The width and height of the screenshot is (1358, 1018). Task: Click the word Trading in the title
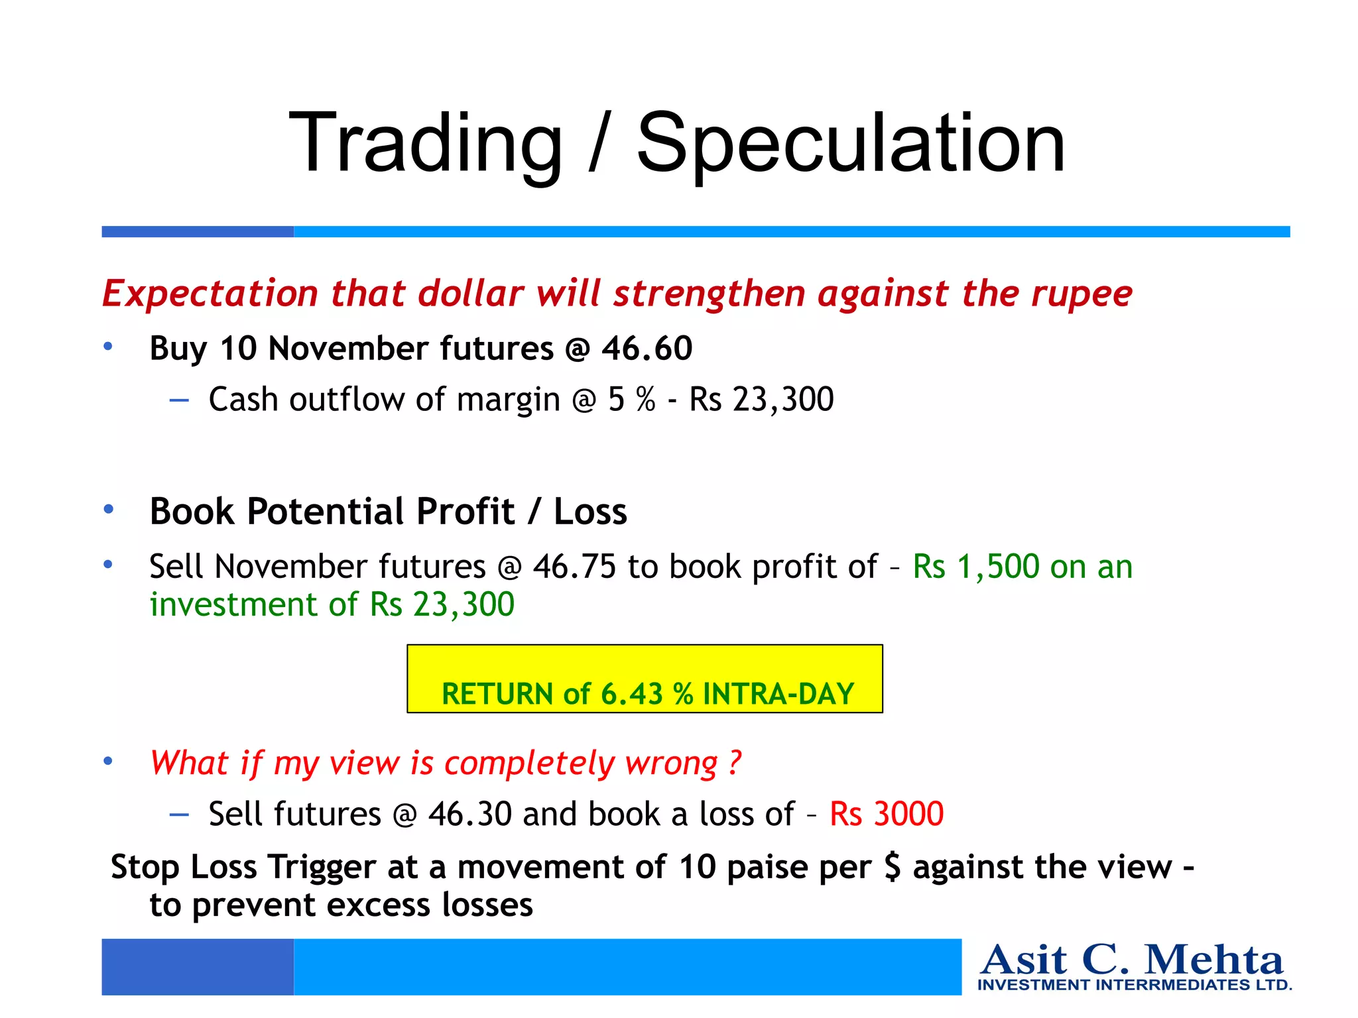coord(425,144)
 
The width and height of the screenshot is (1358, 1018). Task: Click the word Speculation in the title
coord(851,144)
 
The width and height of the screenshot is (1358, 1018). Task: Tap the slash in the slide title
coord(599,144)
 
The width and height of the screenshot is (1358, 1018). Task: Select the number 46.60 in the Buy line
coord(647,349)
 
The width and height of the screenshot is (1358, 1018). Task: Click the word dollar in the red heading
coord(471,294)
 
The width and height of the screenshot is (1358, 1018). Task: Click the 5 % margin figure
coord(631,400)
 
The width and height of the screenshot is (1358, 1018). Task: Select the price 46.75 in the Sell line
coord(574,567)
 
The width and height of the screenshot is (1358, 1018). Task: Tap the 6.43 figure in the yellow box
coord(631,694)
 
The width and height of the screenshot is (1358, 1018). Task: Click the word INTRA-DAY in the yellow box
coord(778,694)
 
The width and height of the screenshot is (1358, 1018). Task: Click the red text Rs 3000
coord(887,814)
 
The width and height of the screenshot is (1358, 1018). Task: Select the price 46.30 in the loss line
coord(469,814)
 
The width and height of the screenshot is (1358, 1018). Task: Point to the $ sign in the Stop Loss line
coord(893,867)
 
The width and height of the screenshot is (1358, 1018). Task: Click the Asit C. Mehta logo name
coord(1132,960)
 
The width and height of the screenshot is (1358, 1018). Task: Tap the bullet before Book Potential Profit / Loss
coord(109,510)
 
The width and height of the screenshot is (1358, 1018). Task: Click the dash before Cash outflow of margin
coord(179,400)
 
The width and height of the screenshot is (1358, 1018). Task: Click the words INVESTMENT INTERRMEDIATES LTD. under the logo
coord(1135,985)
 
